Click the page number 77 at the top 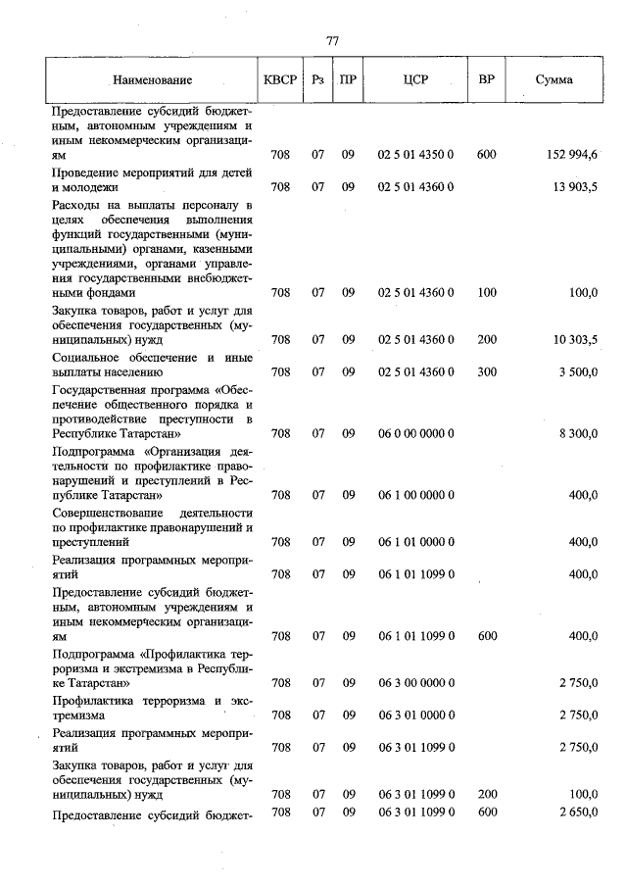point(331,40)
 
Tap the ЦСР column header point(415,79)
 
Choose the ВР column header point(486,79)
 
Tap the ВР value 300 point(486,371)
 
